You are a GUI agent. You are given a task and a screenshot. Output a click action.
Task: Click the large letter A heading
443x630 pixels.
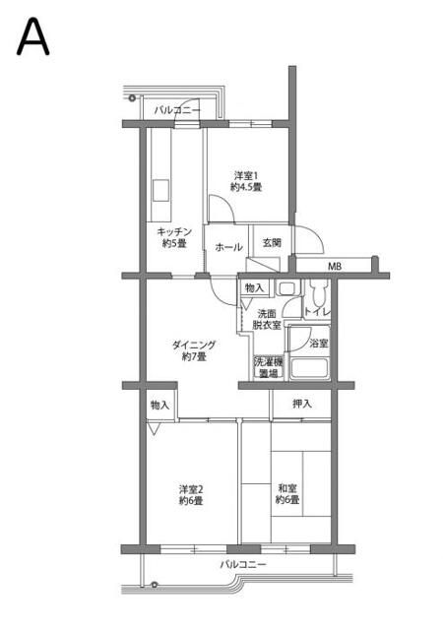click(32, 38)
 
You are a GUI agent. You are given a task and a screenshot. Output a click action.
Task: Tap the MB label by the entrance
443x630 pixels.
click(335, 266)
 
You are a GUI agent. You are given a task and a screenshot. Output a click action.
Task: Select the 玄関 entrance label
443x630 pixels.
click(272, 243)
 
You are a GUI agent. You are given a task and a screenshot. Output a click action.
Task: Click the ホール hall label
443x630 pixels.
click(228, 247)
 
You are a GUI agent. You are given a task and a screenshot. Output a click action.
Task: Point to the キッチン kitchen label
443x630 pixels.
click(174, 232)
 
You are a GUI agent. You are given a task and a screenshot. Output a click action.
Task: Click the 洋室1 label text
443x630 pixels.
click(246, 175)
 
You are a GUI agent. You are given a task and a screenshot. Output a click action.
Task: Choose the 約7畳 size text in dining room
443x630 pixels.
click(194, 356)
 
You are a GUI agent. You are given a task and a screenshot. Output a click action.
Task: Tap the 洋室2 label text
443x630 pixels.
click(191, 489)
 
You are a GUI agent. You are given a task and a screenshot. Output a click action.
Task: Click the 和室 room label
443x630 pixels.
click(287, 488)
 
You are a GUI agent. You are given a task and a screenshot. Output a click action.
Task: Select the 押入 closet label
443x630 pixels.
click(302, 404)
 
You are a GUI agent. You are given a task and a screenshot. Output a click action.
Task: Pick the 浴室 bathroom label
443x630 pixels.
click(320, 344)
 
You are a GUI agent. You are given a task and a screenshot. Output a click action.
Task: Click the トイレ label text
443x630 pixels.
click(318, 312)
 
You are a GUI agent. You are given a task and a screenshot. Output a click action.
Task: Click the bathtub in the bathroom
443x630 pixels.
click(309, 368)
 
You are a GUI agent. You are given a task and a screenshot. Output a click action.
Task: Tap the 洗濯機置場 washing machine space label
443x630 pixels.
click(268, 367)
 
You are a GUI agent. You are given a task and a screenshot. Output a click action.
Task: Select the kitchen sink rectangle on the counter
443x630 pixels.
click(160, 190)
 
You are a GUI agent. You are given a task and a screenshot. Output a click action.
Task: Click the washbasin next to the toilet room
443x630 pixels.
click(287, 288)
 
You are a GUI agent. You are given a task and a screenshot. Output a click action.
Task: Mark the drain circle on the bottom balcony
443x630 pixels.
click(154, 585)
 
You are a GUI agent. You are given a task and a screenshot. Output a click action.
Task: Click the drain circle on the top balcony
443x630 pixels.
click(132, 97)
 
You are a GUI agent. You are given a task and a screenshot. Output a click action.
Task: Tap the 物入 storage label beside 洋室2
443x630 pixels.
click(160, 406)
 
